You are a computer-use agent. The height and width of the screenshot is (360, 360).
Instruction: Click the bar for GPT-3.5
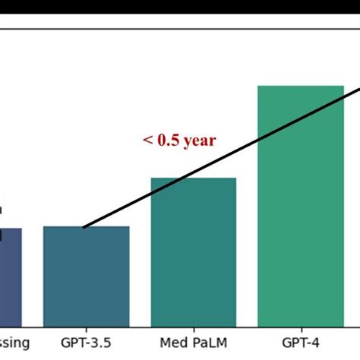click(x=87, y=276)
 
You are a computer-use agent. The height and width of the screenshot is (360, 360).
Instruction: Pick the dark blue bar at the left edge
click(x=11, y=277)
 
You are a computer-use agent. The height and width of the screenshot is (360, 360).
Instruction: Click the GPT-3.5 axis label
click(x=87, y=344)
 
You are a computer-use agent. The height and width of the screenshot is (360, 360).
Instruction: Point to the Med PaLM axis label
click(x=194, y=344)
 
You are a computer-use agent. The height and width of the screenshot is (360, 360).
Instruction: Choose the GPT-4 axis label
click(x=301, y=344)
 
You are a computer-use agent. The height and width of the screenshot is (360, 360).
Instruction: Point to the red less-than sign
click(x=147, y=141)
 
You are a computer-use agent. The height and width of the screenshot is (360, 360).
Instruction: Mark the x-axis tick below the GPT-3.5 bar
click(x=87, y=330)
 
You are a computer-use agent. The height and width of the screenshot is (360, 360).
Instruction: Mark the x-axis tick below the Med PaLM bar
click(x=194, y=330)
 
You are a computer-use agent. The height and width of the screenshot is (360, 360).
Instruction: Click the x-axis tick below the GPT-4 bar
click(x=301, y=330)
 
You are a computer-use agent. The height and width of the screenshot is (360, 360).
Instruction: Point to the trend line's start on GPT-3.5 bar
click(x=84, y=227)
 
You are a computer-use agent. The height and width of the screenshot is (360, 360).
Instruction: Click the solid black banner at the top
click(x=180, y=11)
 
